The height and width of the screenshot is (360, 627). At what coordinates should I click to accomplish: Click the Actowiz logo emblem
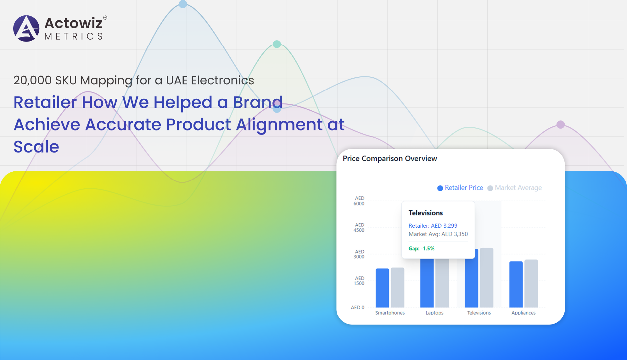pyautogui.click(x=26, y=28)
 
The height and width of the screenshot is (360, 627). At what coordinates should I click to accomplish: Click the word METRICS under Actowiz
pyautogui.click(x=74, y=36)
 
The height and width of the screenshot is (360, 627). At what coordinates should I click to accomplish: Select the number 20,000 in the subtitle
pyautogui.click(x=32, y=80)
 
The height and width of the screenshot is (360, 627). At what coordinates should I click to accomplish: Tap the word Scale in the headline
pyautogui.click(x=36, y=147)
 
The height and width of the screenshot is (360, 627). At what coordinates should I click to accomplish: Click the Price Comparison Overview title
pyautogui.click(x=390, y=158)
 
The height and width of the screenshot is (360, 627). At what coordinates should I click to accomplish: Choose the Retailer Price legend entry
pyautogui.click(x=460, y=188)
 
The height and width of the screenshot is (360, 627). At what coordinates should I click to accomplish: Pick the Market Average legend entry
pyautogui.click(x=515, y=188)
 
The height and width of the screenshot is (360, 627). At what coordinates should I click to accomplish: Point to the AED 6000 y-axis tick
pyautogui.click(x=359, y=201)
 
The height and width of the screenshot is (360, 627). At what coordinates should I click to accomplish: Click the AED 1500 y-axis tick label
pyautogui.click(x=359, y=281)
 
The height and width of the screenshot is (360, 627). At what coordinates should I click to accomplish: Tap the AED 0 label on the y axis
pyautogui.click(x=357, y=307)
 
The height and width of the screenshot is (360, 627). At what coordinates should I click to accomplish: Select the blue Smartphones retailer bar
pyautogui.click(x=382, y=288)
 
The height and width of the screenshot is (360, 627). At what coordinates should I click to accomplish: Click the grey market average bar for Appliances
pyautogui.click(x=531, y=284)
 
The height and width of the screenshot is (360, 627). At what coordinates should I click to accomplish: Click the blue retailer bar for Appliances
pyautogui.click(x=516, y=285)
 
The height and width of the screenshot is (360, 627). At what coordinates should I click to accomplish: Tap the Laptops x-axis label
pyautogui.click(x=434, y=313)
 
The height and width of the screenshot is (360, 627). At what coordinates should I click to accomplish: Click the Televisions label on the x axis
pyautogui.click(x=479, y=313)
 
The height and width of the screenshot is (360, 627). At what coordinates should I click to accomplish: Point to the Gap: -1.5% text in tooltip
pyautogui.click(x=421, y=248)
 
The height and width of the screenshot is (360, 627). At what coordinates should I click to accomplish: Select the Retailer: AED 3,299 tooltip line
pyautogui.click(x=433, y=226)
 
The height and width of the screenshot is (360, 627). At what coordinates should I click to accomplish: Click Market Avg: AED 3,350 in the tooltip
pyautogui.click(x=438, y=234)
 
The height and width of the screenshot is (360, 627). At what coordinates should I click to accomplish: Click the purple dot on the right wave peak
pyautogui.click(x=561, y=125)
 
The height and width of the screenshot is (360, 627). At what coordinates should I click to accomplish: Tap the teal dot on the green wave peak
pyautogui.click(x=277, y=44)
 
